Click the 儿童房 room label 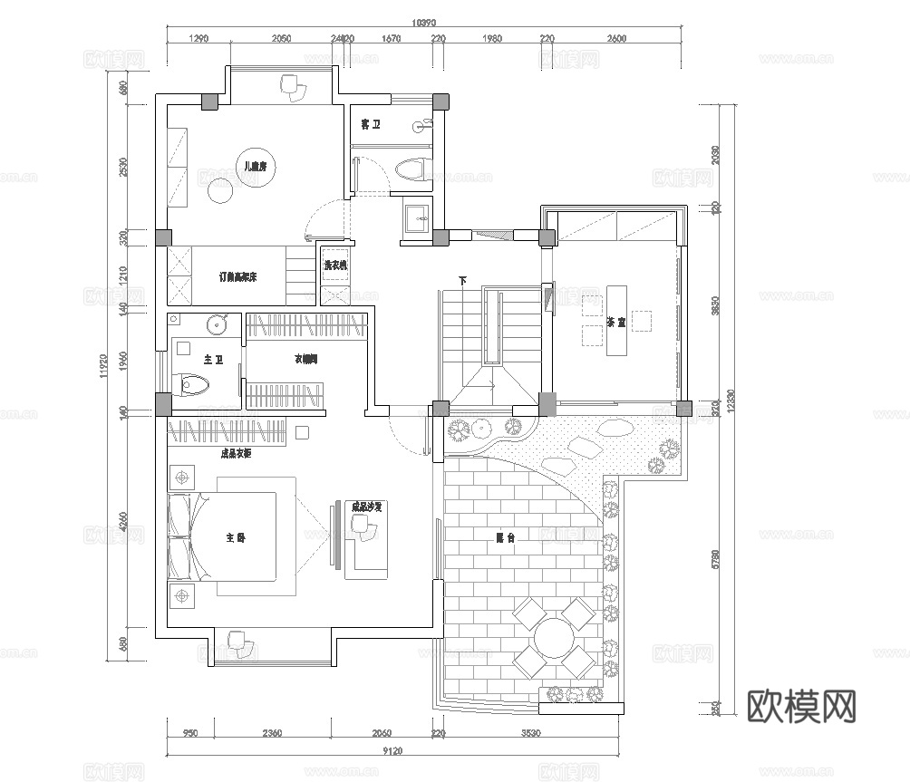(251, 166)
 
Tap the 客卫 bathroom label (370, 124)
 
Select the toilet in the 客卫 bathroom (411, 169)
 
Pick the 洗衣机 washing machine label (335, 265)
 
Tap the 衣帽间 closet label (305, 360)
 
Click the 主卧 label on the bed (236, 537)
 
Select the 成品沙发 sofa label (367, 507)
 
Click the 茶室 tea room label (616, 323)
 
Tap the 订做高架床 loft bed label (240, 276)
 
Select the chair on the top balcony (293, 85)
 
